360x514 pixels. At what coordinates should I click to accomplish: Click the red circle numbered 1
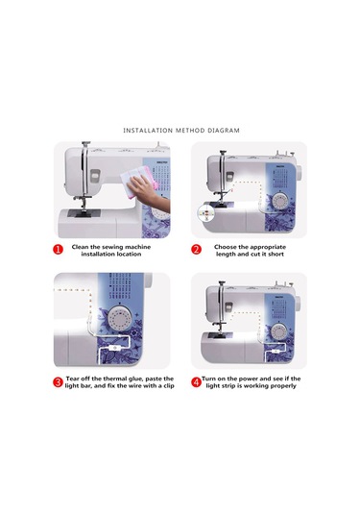(59, 250)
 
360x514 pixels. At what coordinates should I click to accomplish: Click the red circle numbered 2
(196, 250)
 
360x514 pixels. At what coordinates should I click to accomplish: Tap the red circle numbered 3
(59, 381)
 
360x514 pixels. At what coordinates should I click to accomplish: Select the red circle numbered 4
(196, 381)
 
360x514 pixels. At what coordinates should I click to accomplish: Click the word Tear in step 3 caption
(75, 378)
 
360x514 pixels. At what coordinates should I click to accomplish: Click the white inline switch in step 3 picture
(112, 349)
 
